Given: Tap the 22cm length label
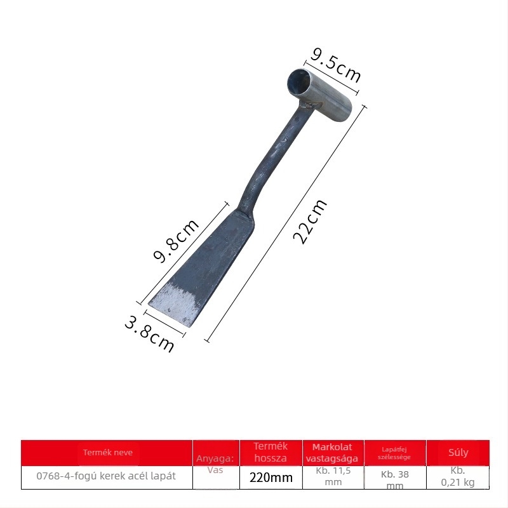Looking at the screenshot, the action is [310, 222].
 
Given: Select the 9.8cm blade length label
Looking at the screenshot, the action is [176, 241].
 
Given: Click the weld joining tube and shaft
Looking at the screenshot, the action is [309, 105].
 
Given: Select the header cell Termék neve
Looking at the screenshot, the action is [107, 453].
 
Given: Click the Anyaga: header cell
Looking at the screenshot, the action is [215, 458].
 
